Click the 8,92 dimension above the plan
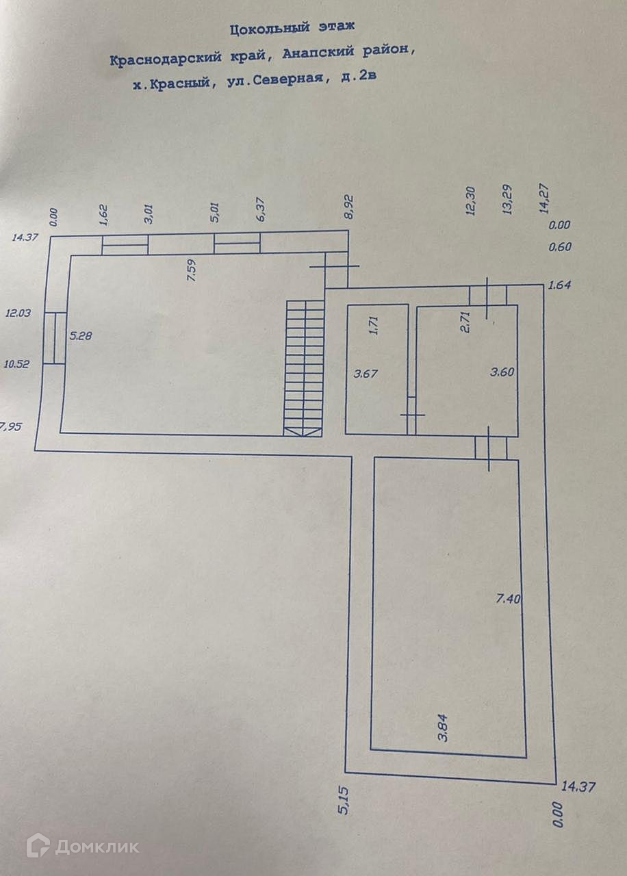coord(349,205)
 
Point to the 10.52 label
coord(18,365)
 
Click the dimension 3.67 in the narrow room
coord(366,374)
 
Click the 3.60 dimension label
coord(502,373)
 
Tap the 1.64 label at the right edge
coord(559,286)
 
